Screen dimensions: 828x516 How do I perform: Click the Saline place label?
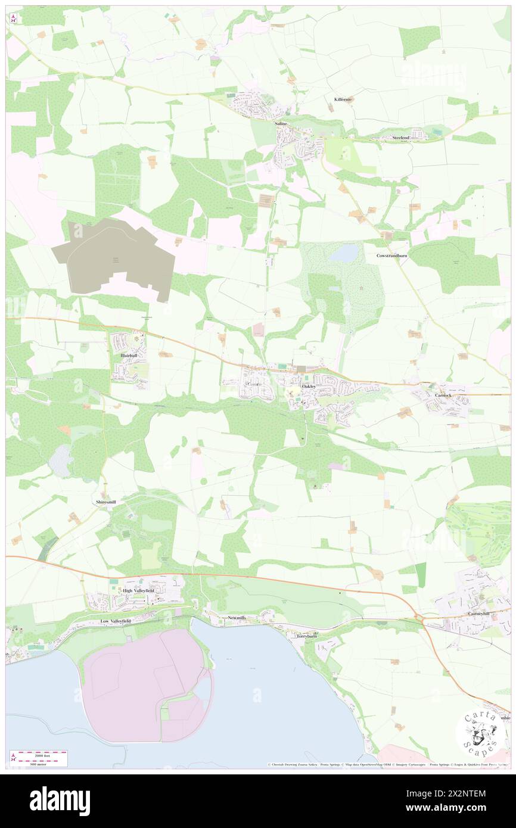coord(281,123)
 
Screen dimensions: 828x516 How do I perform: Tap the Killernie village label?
coord(343,100)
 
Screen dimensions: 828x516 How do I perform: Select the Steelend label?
coord(401,138)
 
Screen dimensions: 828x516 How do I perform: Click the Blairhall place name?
coord(129,356)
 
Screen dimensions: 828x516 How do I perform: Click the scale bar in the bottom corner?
coord(39,758)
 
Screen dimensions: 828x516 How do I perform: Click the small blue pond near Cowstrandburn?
coord(344,254)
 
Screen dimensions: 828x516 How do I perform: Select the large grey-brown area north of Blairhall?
coord(113,256)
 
